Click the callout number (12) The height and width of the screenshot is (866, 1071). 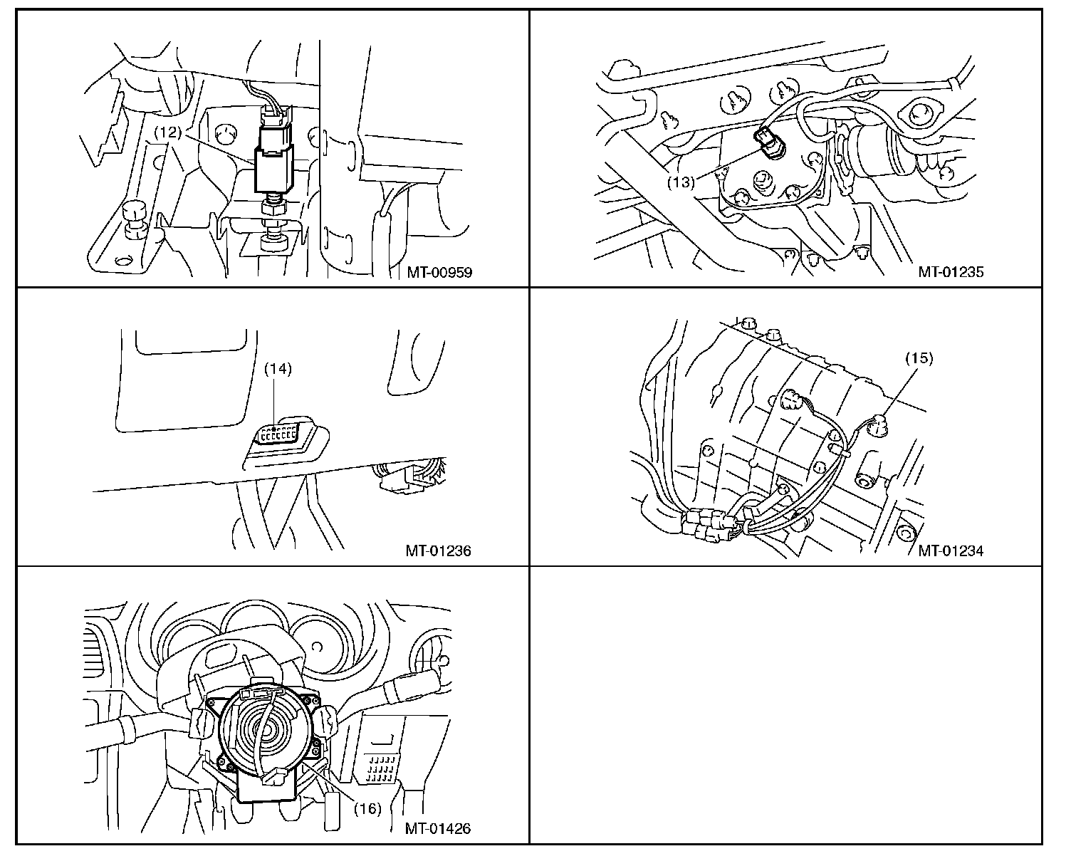point(167,132)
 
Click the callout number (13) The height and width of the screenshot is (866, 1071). point(681,182)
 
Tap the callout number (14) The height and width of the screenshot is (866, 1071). point(278,369)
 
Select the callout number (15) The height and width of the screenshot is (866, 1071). point(919,358)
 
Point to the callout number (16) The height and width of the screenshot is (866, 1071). point(367,808)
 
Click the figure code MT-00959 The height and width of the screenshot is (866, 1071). point(439,273)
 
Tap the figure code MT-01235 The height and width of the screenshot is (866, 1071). point(951,272)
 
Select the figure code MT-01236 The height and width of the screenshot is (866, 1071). point(439,551)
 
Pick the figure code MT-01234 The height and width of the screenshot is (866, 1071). point(951,551)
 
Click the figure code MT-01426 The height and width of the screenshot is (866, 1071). point(438,829)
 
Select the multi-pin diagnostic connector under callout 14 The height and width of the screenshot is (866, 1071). point(278,432)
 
